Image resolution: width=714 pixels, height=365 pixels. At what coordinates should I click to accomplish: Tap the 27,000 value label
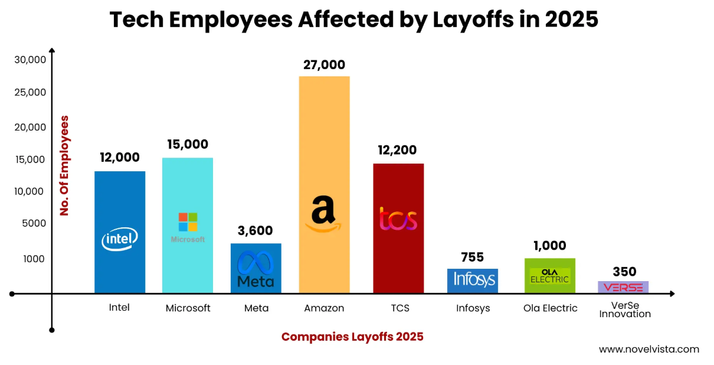tap(324, 65)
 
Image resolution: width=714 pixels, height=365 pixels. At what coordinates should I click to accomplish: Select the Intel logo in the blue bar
tap(120, 239)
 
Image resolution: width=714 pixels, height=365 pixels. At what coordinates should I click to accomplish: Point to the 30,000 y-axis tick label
tap(29, 60)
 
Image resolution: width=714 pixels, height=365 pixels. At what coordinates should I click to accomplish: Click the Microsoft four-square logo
tap(188, 221)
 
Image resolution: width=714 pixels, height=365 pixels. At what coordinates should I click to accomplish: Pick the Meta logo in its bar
tap(256, 269)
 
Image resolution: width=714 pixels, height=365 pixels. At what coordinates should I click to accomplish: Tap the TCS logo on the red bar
tap(398, 219)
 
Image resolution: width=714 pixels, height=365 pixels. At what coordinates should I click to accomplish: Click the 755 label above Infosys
tap(472, 257)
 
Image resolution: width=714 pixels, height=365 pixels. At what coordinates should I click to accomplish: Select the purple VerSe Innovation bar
tap(623, 287)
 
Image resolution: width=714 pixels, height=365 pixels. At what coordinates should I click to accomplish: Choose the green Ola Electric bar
tap(549, 275)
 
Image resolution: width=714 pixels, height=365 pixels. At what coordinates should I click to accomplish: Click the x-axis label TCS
tap(399, 308)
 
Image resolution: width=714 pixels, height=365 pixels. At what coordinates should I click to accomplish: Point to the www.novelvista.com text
tap(649, 349)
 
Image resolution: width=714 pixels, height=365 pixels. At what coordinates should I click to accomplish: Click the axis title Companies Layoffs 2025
tap(352, 337)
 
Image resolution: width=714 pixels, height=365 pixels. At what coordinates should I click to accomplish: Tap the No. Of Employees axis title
tap(64, 165)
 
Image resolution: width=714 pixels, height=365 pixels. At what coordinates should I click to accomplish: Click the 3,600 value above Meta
tap(256, 231)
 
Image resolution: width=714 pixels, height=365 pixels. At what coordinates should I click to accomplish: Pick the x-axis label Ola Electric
tap(550, 308)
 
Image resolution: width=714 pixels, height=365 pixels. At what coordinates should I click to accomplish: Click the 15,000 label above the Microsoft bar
tap(187, 144)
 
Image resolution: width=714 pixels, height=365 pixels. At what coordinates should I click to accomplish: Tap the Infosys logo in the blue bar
tap(472, 279)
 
